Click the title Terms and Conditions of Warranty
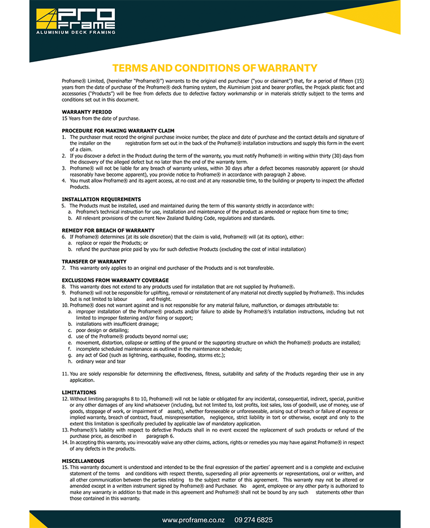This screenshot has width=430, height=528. [x=214, y=68]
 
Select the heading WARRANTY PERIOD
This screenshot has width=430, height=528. [x=87, y=112]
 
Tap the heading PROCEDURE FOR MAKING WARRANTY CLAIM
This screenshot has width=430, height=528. [x=118, y=131]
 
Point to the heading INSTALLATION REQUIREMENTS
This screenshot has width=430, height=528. [x=101, y=199]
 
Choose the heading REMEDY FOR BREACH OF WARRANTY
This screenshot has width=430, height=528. [x=107, y=230]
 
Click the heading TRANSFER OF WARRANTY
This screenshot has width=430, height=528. [x=94, y=261]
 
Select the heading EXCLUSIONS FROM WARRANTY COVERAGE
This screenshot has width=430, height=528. [x=115, y=280]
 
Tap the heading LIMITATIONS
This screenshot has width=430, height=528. [x=79, y=392]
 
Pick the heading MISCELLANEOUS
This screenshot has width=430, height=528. [x=83, y=461]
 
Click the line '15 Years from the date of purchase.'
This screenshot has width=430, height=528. [x=101, y=118]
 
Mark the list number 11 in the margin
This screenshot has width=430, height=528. [x=64, y=374]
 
